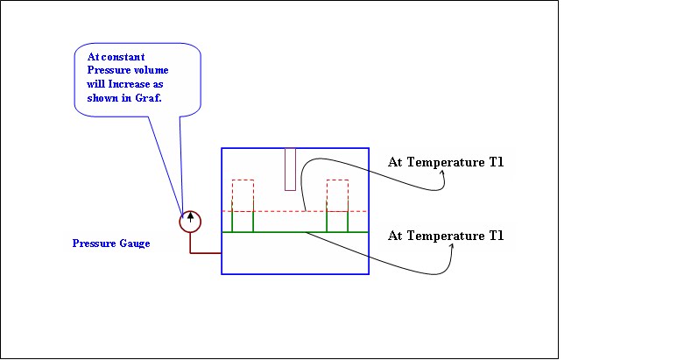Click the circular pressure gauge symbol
(x=190, y=221)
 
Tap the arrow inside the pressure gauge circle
(x=190, y=216)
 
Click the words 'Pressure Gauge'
(x=110, y=243)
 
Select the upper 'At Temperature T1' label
(x=446, y=162)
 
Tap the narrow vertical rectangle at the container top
(x=290, y=169)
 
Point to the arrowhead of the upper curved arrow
(x=442, y=173)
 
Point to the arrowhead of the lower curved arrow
(x=452, y=246)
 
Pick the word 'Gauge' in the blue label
(x=133, y=243)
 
